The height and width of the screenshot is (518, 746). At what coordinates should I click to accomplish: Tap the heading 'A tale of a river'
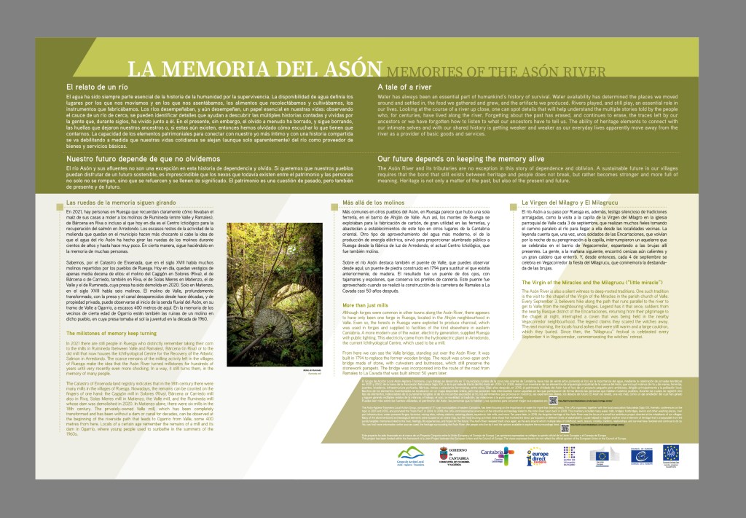pyautogui.click(x=404, y=87)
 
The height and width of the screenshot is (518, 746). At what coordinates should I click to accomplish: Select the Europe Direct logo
pyautogui.click(x=539, y=457)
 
